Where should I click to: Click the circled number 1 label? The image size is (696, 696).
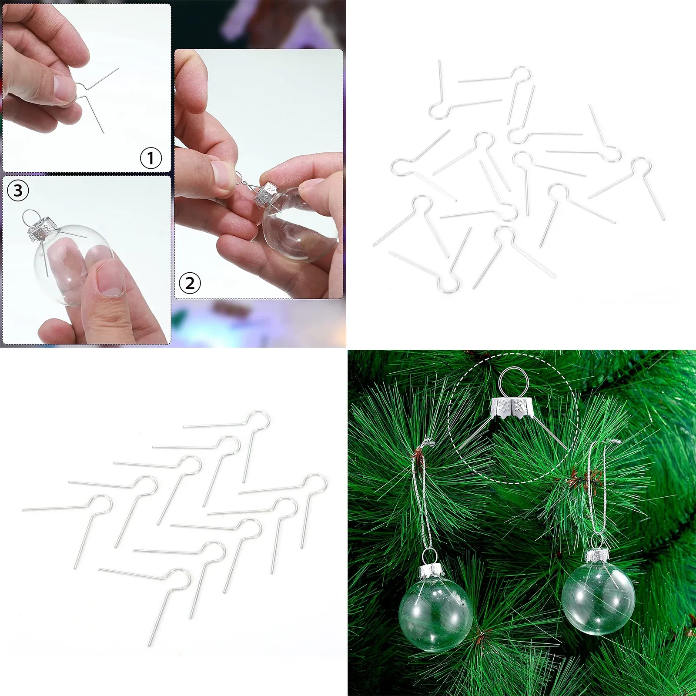coord(151,158)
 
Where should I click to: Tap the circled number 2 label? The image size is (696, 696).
coord(190,283)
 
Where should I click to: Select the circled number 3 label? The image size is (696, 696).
coord(18,191)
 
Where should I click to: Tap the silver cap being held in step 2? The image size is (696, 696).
coord(266,194)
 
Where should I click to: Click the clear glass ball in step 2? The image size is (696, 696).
coord(300,226)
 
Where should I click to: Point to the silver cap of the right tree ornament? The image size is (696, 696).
coord(596,556)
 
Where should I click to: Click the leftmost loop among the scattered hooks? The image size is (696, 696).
coord(400,167)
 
